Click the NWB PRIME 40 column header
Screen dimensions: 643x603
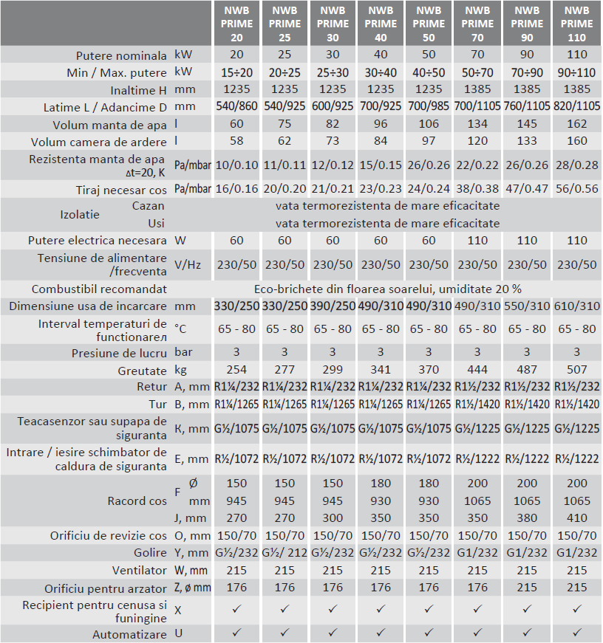coord(381,24)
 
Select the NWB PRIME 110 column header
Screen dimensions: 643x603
coord(577,24)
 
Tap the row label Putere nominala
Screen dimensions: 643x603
coord(121,55)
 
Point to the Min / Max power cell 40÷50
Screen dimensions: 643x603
coord(429,72)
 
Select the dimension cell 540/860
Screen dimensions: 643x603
coord(236,106)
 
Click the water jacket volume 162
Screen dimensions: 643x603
coord(577,123)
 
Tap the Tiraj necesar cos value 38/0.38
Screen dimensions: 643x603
coord(477,188)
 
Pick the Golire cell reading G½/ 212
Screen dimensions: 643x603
coord(285,553)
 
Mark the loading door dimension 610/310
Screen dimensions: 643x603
coord(577,306)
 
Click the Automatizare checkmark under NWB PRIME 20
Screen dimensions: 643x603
coord(236,633)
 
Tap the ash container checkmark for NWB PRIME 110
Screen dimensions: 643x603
coord(577,611)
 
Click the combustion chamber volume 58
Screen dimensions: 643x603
coord(236,140)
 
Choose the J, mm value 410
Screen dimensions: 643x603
coord(577,518)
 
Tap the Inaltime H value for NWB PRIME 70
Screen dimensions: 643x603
coord(477,89)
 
